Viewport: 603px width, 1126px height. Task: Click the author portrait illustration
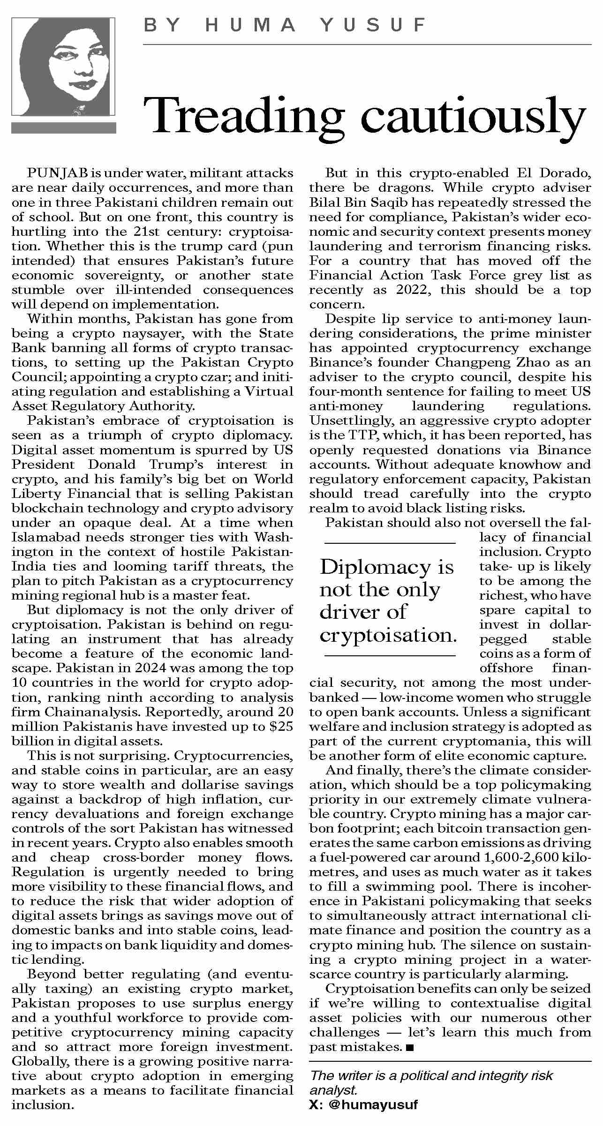[x=63, y=67]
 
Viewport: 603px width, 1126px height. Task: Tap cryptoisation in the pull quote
[x=388, y=635]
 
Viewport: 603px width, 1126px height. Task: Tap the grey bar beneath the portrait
[x=63, y=128]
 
